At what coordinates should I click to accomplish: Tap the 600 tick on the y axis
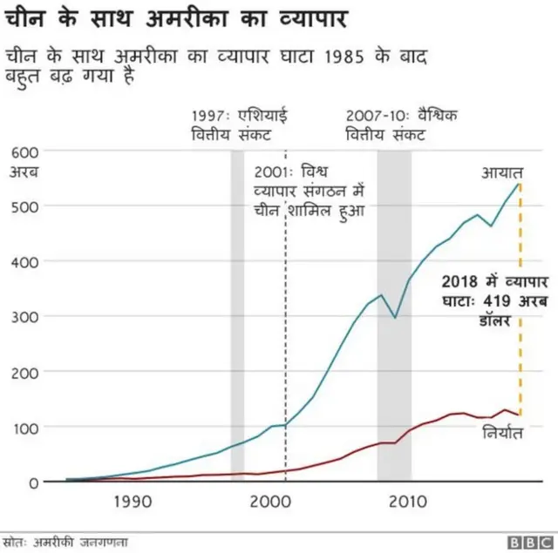tap(24, 152)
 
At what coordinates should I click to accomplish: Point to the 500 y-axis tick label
tap(24, 206)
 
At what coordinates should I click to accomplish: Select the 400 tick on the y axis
tap(24, 261)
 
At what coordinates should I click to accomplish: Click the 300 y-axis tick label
tap(24, 317)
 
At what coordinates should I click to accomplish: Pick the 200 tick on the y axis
tap(24, 372)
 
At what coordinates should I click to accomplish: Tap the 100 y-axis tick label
tap(24, 428)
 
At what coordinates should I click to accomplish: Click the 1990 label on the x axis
tap(133, 502)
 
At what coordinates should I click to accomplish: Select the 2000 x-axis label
tap(269, 502)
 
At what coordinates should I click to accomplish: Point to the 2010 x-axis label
tap(406, 502)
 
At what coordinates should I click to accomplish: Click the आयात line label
tap(502, 172)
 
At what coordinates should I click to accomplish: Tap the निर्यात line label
tap(501, 433)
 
